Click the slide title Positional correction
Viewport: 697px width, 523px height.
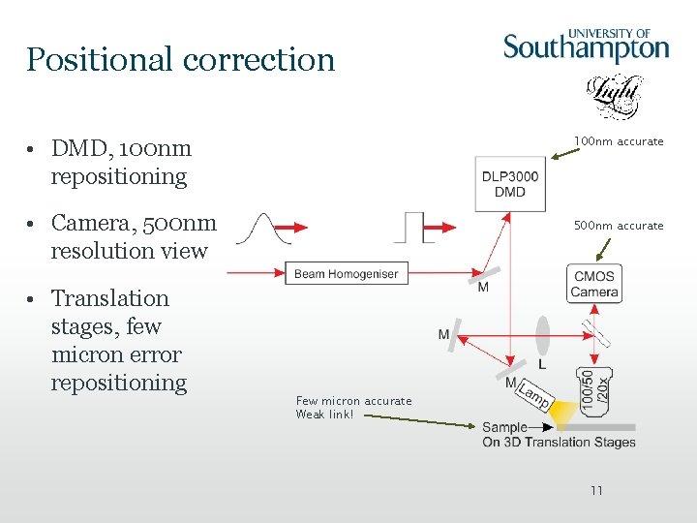click(180, 60)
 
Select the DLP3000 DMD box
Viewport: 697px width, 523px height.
click(510, 184)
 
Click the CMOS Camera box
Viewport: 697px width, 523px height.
click(593, 285)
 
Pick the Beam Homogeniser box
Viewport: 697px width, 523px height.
click(347, 274)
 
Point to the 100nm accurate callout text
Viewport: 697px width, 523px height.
click(619, 141)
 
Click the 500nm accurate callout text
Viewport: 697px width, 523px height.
click(619, 226)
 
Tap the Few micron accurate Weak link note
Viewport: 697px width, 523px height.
click(353, 408)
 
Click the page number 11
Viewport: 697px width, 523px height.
click(596, 491)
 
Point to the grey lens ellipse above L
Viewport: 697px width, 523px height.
click(542, 330)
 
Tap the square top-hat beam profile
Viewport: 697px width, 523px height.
click(413, 227)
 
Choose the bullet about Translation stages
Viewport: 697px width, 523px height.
click(118, 340)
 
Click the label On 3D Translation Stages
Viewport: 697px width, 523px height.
click(559, 443)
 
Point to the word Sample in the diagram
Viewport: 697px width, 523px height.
click(504, 427)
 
